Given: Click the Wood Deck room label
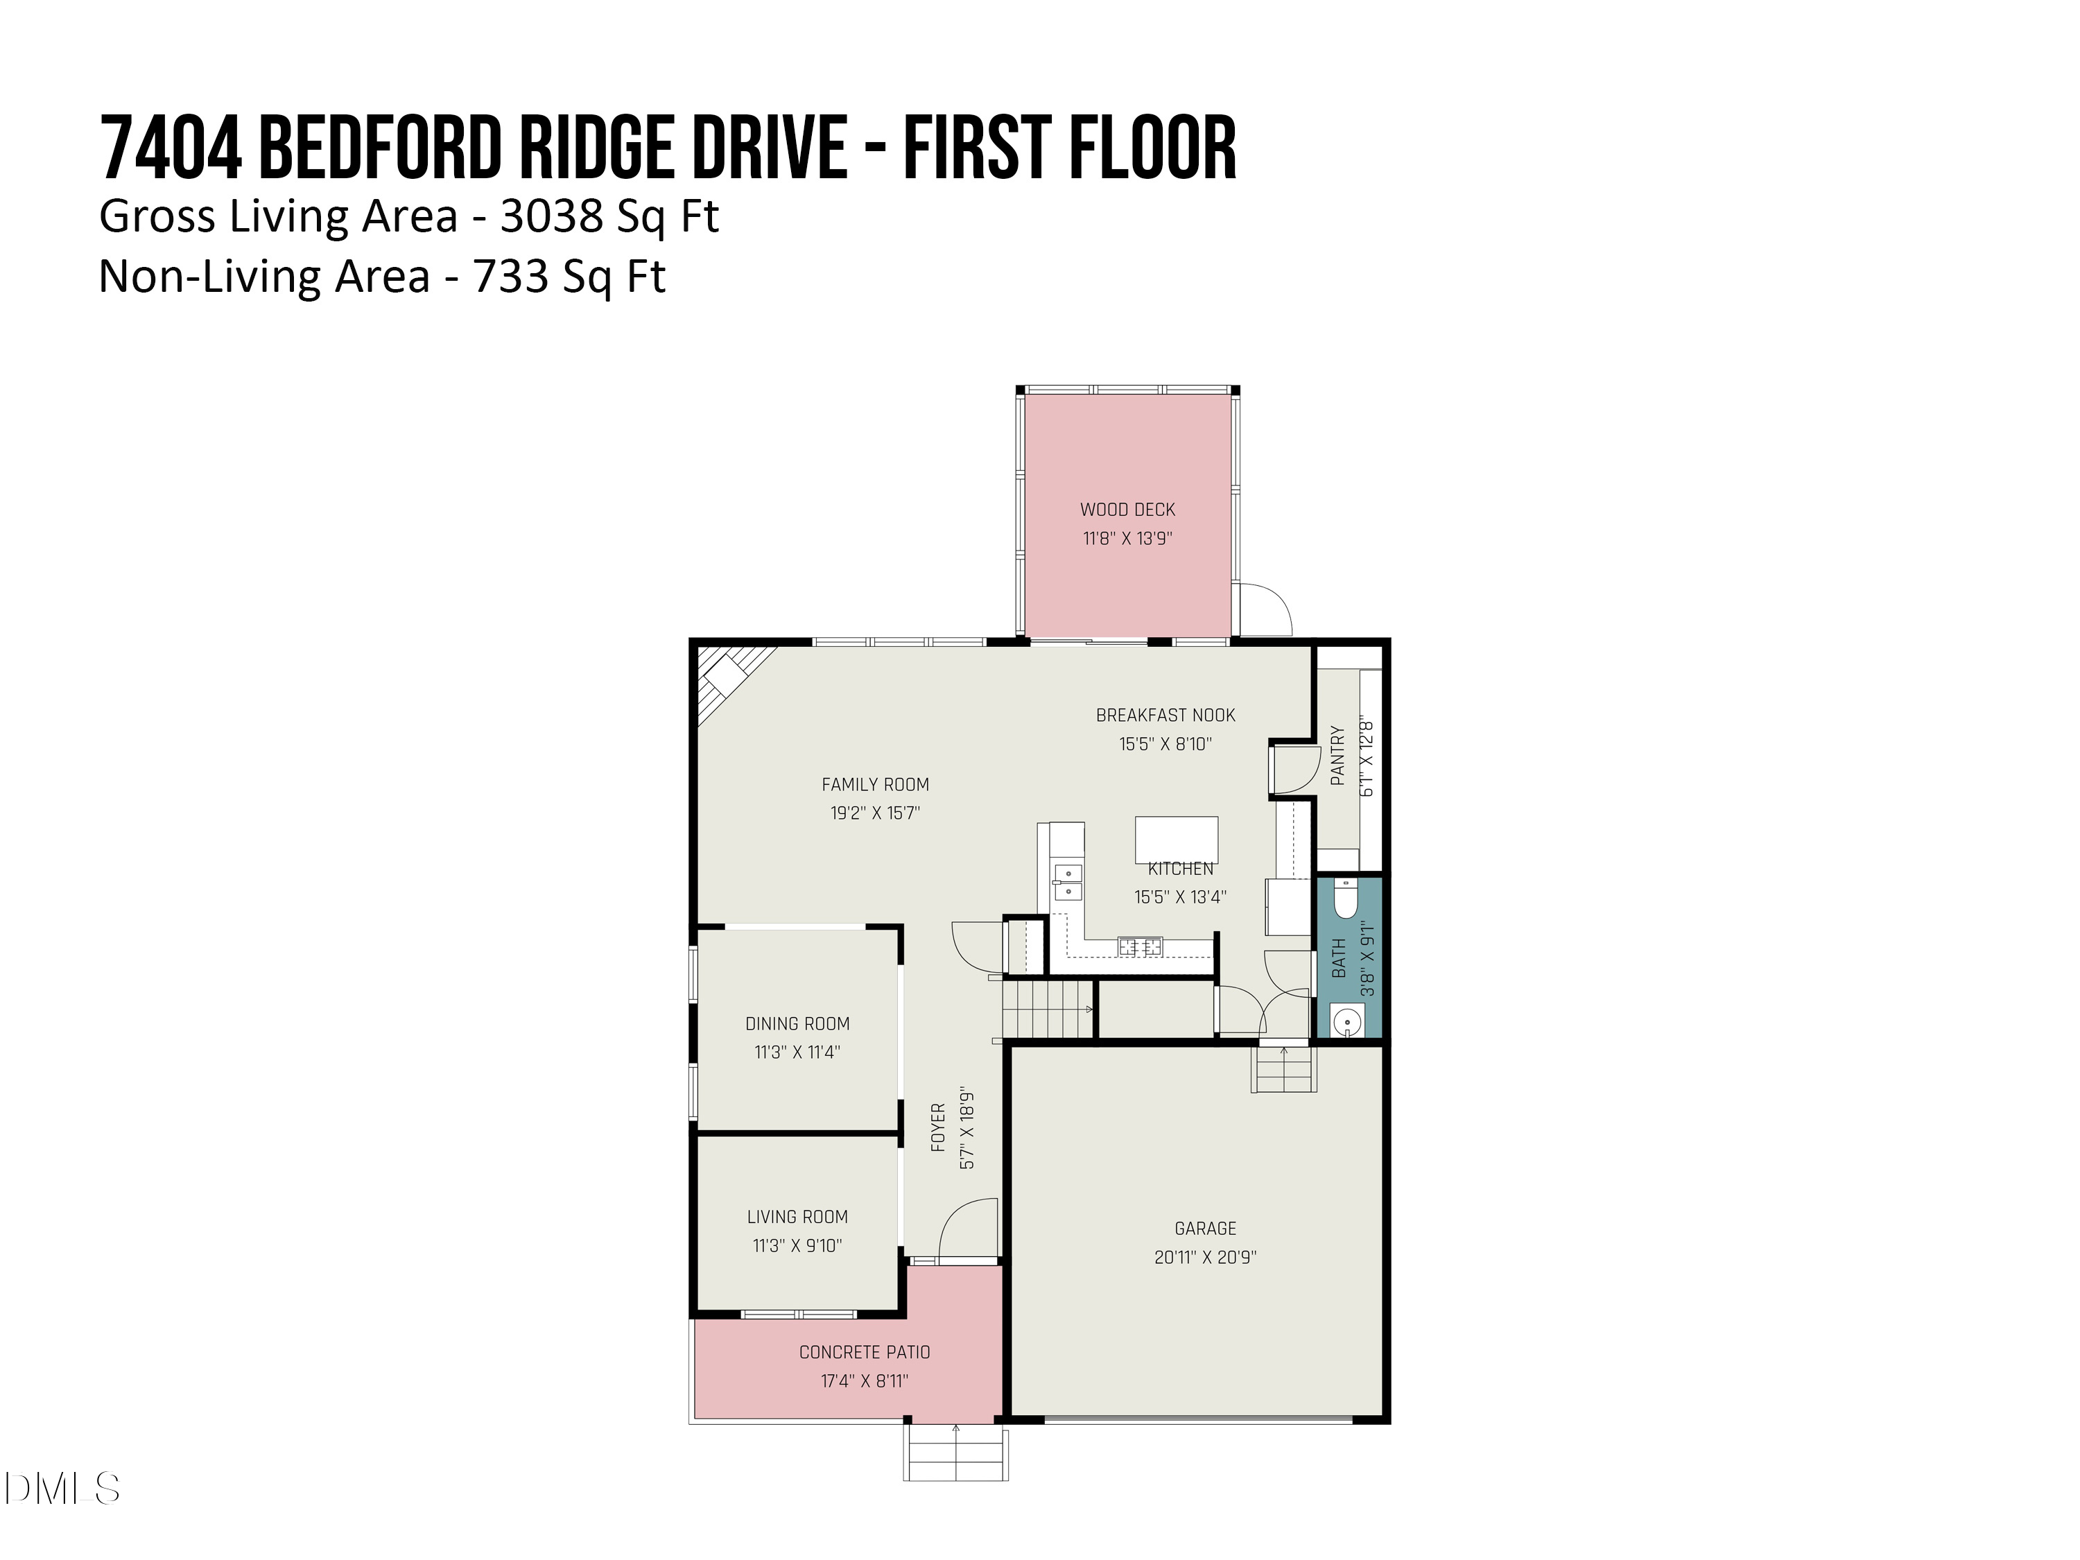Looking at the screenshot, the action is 1127,510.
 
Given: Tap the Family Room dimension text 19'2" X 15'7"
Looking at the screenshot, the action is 874,813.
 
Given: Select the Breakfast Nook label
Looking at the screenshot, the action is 1165,716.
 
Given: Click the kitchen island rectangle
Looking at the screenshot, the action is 1177,840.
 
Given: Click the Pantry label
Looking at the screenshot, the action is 1338,755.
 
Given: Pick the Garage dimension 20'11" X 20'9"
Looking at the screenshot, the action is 1206,1257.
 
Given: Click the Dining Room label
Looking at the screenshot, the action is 797,1024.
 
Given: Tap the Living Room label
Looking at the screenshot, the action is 797,1217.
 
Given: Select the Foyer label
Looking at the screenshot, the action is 937,1128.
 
